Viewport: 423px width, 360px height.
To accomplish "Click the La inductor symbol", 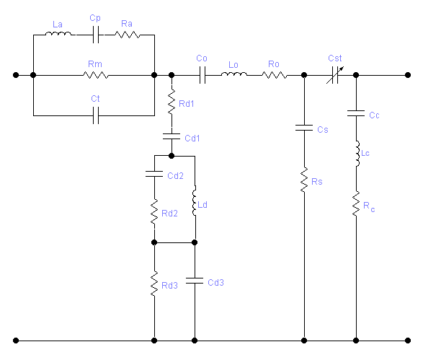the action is tap(58, 34).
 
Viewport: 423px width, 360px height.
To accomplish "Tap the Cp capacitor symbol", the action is tap(96, 35).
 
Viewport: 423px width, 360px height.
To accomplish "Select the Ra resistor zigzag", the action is tap(128, 35).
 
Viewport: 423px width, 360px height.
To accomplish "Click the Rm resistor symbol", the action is tap(96, 75).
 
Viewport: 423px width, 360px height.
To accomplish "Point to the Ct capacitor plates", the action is tap(96, 115).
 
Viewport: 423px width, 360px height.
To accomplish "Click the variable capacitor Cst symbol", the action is tap(335, 75).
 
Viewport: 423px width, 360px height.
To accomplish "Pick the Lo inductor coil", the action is tap(234, 74).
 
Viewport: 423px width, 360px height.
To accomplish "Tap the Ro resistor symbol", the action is tap(274, 75).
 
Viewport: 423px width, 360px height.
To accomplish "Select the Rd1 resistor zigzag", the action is tap(172, 102).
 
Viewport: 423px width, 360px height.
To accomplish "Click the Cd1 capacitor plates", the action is tap(172, 136).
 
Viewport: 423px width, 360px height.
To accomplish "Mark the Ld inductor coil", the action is tap(195, 201).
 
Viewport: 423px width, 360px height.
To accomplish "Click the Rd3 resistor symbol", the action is tap(154, 284).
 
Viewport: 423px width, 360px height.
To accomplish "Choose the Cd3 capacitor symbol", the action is tap(195, 281).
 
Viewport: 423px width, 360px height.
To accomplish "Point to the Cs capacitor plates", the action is tap(304, 128).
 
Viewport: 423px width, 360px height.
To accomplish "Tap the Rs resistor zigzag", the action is tap(304, 180).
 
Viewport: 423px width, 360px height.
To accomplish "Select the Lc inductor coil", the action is tap(357, 154).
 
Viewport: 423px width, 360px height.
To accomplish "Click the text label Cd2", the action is tap(175, 176).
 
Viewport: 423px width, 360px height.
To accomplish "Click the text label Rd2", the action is tap(169, 214).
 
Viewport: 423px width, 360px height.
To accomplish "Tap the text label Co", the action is tap(202, 58).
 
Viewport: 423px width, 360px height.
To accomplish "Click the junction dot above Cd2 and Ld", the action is tap(172, 156).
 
